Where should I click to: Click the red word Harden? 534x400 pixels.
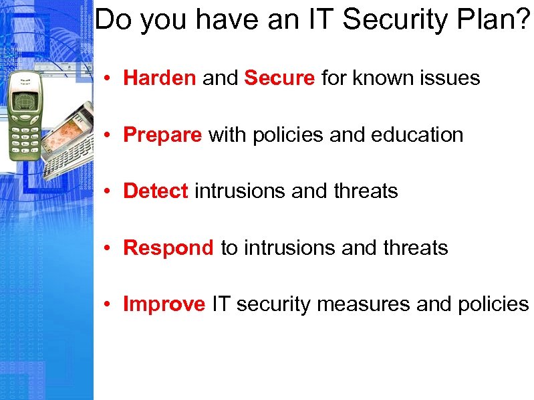click(x=160, y=78)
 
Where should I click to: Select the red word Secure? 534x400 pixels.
click(x=279, y=78)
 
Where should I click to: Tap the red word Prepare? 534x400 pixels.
click(x=162, y=135)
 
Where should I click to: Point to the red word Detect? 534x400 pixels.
click(x=156, y=191)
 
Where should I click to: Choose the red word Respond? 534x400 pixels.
click(x=168, y=248)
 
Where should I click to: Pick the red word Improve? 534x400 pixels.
click(x=164, y=305)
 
